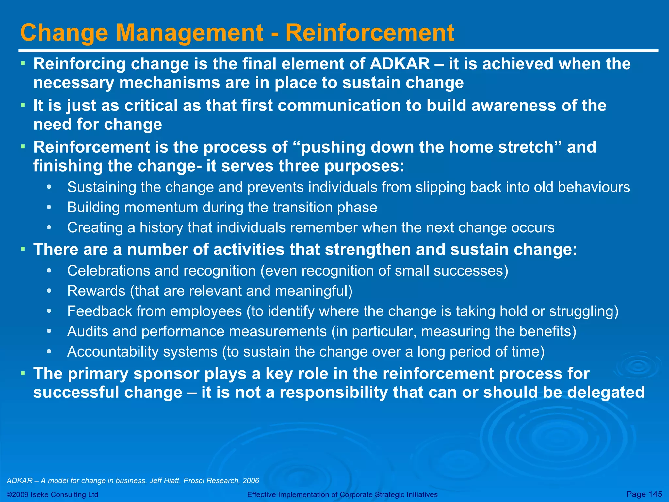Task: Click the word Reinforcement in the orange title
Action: point(370,33)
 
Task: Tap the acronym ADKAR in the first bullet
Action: point(400,64)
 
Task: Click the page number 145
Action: point(655,494)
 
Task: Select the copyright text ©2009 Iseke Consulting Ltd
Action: point(52,494)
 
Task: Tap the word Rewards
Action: point(96,291)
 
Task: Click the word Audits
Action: point(87,331)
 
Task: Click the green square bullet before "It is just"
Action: point(23,105)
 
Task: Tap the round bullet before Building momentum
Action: point(49,208)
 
